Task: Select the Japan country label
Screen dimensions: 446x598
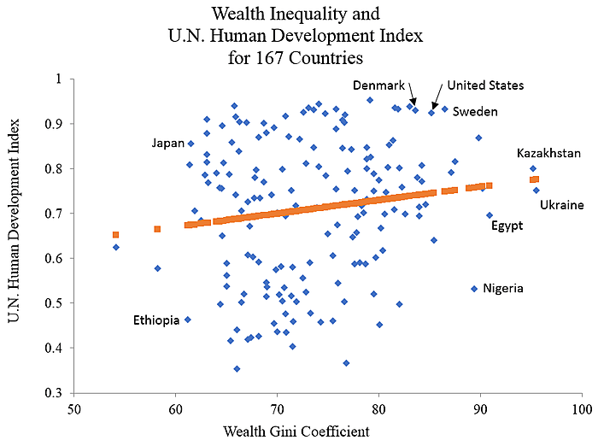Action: coord(167,144)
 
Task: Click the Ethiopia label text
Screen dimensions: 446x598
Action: coord(156,320)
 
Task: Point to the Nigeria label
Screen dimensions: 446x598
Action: coord(503,289)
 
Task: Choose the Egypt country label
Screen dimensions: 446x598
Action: coord(507,226)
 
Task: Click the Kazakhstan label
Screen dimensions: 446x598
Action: coord(550,153)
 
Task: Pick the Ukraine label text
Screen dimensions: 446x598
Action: coord(561,205)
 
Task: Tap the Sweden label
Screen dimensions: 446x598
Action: coord(475,112)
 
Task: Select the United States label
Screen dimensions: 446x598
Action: coord(485,85)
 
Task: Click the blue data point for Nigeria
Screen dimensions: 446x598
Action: coord(474,289)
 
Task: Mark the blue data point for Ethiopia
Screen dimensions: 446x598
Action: coord(188,320)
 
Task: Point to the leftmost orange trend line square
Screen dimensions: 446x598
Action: coord(115,234)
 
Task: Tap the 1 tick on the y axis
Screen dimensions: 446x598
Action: coord(61,79)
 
